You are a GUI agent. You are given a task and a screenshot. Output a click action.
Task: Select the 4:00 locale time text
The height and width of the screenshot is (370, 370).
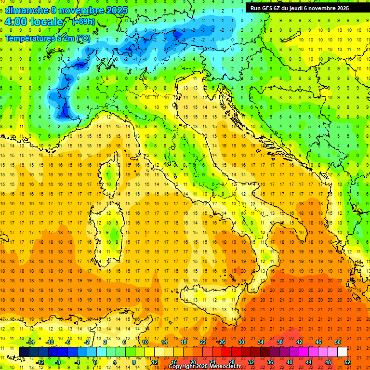34,22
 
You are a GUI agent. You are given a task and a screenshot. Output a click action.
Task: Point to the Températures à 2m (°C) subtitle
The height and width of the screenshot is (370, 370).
47,38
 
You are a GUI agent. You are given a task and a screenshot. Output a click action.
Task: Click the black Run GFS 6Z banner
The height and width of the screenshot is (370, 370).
304,8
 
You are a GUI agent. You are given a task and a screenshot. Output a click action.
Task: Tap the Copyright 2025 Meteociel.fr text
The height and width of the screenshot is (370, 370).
204,367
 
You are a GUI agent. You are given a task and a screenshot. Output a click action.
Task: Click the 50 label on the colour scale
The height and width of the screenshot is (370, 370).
337,342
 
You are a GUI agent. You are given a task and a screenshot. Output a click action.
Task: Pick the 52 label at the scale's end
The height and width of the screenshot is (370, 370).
347,362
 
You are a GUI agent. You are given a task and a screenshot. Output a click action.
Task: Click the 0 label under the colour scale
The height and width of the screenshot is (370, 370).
95,362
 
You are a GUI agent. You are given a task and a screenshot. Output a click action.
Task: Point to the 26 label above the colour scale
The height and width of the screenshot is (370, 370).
222,342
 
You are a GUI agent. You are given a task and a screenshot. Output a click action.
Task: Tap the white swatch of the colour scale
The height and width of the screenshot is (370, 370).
342,352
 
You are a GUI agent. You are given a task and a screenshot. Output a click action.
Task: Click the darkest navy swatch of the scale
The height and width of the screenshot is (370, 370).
24,352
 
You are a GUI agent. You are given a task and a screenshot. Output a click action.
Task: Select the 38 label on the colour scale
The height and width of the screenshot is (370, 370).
279,342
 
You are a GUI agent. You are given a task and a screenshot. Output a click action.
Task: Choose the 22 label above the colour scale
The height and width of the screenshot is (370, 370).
202,342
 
